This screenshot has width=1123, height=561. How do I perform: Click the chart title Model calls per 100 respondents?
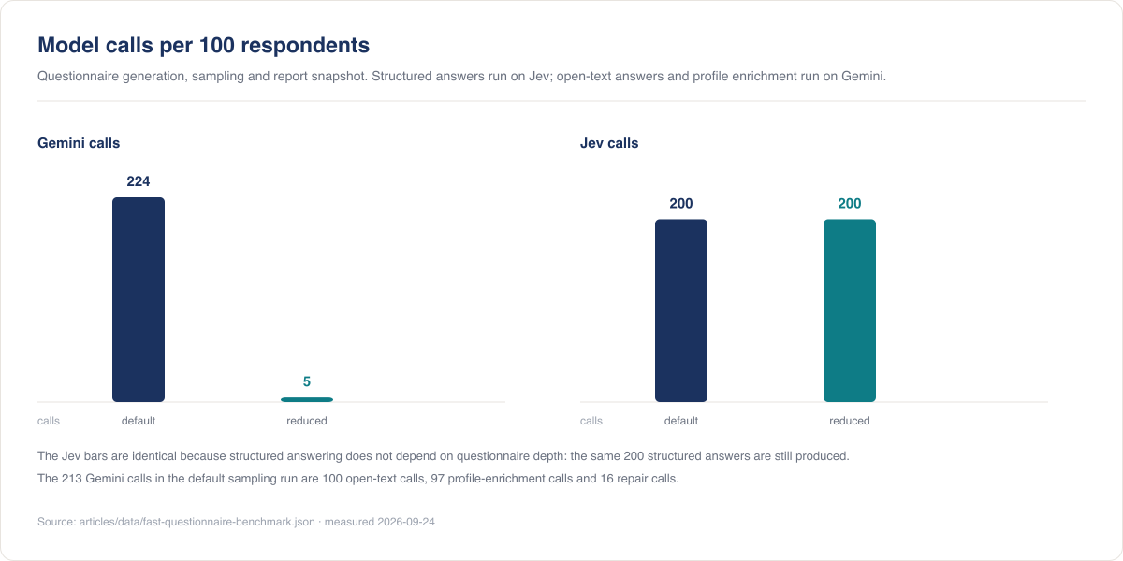coord(204,45)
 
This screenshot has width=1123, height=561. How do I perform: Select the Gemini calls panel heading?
coord(79,143)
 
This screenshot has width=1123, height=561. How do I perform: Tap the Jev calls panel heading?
coord(609,143)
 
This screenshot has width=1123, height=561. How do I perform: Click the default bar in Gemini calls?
coord(139,299)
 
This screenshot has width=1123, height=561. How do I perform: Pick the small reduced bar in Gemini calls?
coord(307,400)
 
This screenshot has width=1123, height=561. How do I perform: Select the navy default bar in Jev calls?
coord(681,310)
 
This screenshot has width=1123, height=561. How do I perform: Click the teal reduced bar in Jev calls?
coord(850,310)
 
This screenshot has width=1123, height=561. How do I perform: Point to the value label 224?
coord(139,181)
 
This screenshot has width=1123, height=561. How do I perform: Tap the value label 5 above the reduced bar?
coord(307,381)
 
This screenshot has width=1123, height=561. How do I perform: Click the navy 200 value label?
coord(681,204)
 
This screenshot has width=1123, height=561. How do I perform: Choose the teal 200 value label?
coord(850,204)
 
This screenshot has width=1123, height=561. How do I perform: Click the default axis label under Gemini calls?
coord(139,421)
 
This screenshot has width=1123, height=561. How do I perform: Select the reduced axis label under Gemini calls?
coord(307,421)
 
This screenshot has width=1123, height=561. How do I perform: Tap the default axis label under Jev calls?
coord(681,421)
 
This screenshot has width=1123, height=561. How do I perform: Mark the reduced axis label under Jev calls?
coord(850,421)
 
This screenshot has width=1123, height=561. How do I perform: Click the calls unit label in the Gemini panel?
coord(49,421)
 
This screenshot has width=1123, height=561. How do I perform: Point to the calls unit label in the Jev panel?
coord(591,421)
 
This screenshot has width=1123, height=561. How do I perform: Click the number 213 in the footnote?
coord(72,479)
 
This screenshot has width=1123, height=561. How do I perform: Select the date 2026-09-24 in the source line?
coord(406,522)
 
